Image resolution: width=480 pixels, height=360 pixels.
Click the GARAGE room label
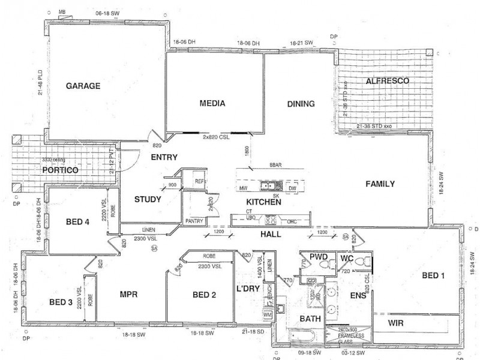click(x=83, y=86)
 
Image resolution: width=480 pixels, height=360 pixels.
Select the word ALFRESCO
click(x=388, y=80)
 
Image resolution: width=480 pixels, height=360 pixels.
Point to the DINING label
click(x=301, y=104)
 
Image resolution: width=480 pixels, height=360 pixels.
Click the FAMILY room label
click(x=380, y=184)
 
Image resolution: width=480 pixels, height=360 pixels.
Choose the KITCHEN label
click(x=263, y=202)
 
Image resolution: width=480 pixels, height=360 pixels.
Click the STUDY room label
click(x=147, y=199)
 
